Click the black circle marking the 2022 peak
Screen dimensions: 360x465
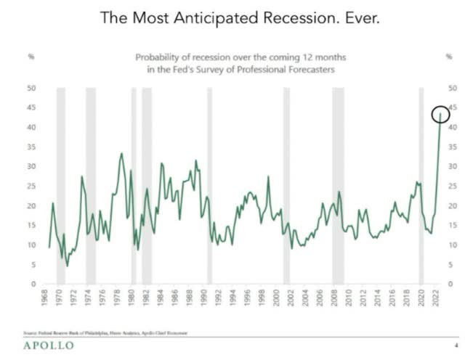pyautogui.click(x=440, y=114)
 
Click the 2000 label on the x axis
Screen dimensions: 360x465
pyautogui.click(x=277, y=300)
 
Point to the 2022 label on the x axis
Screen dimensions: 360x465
pyautogui.click(x=435, y=300)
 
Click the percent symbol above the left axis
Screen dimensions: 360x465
pyautogui.click(x=31, y=55)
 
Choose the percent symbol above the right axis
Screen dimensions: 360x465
pyautogui.click(x=448, y=55)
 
